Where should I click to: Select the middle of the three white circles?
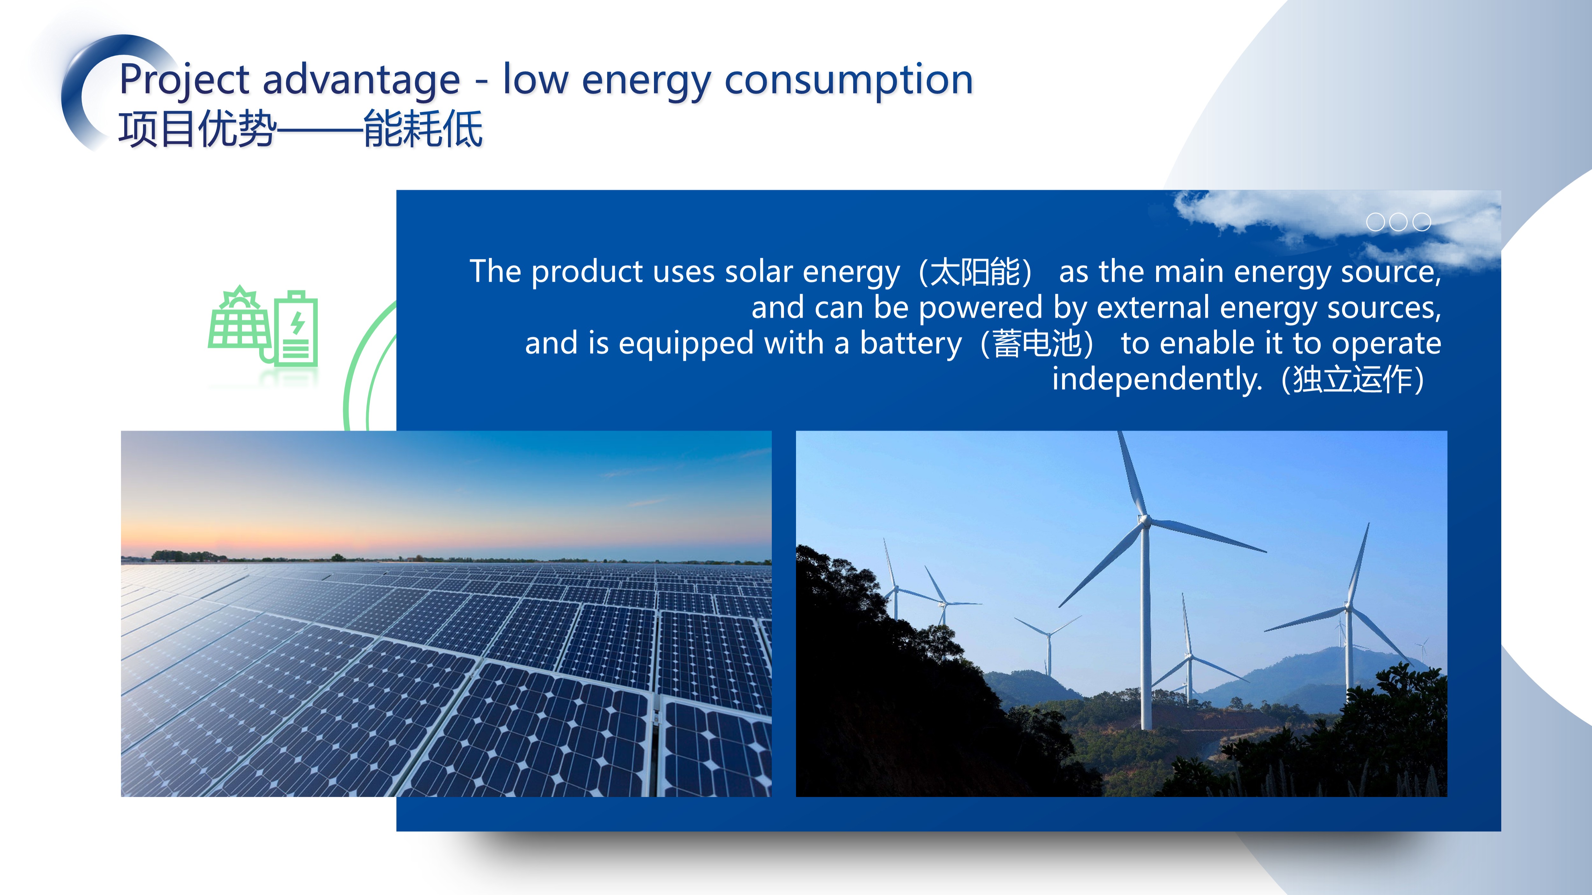pyautogui.click(x=1398, y=222)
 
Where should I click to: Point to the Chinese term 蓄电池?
pyautogui.click(x=1037, y=343)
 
